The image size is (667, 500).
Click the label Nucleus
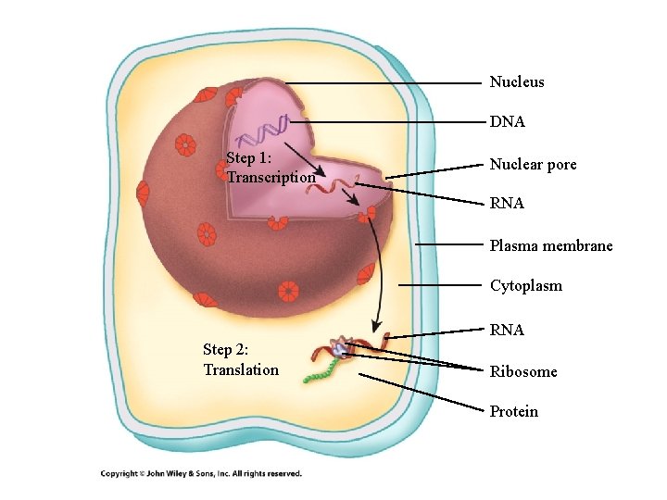click(517, 82)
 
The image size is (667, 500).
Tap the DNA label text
click(508, 122)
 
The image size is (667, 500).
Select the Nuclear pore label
click(533, 165)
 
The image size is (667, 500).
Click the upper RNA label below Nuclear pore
click(507, 204)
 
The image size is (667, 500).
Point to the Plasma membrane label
click(551, 246)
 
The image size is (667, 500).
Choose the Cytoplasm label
click(525, 286)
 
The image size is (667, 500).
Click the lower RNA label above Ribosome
click(507, 330)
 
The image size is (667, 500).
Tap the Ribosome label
click(523, 372)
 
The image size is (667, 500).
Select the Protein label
click(513, 412)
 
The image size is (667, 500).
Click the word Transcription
click(271, 177)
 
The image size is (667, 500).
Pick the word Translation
click(241, 370)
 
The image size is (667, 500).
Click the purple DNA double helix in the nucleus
click(263, 133)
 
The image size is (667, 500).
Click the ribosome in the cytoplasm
click(342, 349)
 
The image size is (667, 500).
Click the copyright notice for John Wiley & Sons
click(201, 474)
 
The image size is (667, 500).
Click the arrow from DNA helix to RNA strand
click(304, 158)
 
